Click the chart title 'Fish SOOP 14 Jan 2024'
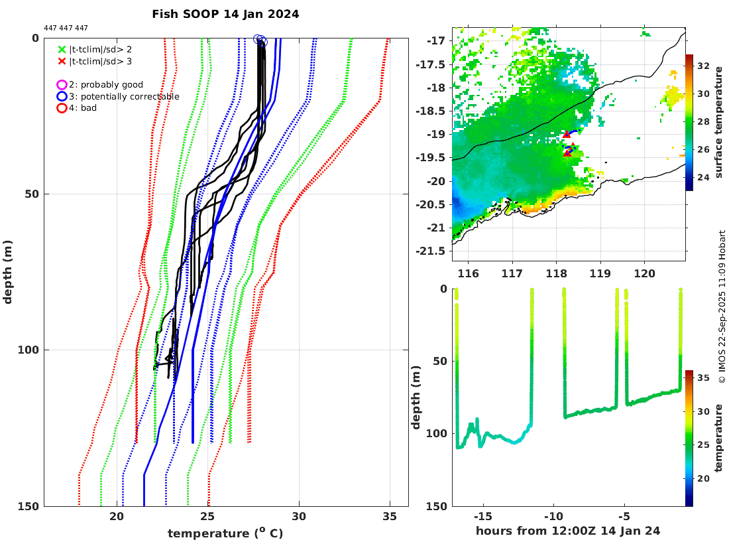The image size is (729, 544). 225,14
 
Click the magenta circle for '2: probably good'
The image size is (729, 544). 62,85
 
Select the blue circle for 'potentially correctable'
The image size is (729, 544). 62,96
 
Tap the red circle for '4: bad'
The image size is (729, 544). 62,107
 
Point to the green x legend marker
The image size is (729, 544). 62,49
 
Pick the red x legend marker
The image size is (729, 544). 62,61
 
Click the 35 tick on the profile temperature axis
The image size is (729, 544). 390,517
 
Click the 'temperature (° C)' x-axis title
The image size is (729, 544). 225,533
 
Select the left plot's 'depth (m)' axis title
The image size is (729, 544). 8,272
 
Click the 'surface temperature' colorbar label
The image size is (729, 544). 718,123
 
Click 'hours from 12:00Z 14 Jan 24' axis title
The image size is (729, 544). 568,531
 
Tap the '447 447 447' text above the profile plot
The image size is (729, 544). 66,28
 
